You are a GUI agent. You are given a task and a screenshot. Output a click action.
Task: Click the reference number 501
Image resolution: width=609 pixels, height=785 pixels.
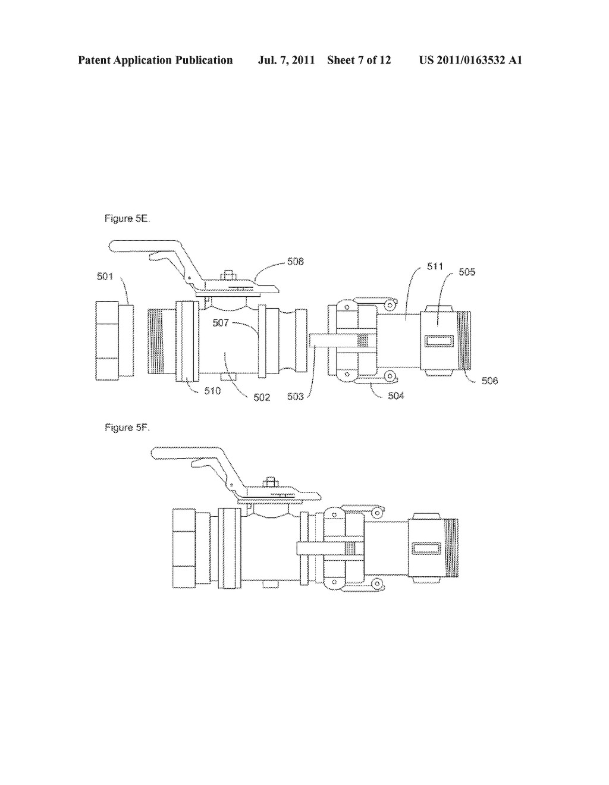coord(105,277)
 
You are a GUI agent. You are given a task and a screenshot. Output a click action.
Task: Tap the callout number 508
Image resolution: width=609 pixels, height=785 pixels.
coord(295,261)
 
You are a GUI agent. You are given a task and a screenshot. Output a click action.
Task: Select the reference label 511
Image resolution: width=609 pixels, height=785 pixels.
coord(435,266)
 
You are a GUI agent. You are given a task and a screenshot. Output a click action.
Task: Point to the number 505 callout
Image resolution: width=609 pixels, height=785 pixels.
coord(467,272)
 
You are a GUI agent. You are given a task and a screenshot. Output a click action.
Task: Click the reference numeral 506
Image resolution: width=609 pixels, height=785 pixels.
coord(490,381)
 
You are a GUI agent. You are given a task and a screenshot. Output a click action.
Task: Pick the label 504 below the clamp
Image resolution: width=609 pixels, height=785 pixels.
coord(395,396)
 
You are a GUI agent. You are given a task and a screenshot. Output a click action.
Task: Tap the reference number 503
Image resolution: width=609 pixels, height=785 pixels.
coord(296,397)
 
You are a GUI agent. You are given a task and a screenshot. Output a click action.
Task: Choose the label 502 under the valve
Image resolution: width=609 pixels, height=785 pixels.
coord(262,397)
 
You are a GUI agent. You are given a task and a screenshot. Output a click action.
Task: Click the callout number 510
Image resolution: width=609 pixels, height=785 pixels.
coord(212,391)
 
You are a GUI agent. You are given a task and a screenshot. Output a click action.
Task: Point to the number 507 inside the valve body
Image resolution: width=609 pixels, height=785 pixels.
coord(221,322)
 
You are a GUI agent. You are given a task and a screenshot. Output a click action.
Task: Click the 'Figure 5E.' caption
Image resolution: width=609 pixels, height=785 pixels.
coord(127,219)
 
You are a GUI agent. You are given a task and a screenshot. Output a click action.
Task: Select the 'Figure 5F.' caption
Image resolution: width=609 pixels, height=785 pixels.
coord(127,428)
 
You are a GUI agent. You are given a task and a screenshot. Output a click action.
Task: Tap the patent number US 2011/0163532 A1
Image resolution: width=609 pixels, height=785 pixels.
coord(470,60)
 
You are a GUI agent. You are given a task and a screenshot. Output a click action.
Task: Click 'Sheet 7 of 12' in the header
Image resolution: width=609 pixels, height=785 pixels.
coord(359,60)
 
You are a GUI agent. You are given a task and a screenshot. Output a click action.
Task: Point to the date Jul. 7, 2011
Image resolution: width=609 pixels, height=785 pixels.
coord(286,60)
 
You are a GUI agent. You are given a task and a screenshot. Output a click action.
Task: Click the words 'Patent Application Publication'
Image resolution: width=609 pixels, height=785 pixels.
coord(155,60)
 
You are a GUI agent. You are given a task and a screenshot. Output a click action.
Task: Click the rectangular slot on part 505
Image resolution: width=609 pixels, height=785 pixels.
coord(439,340)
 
